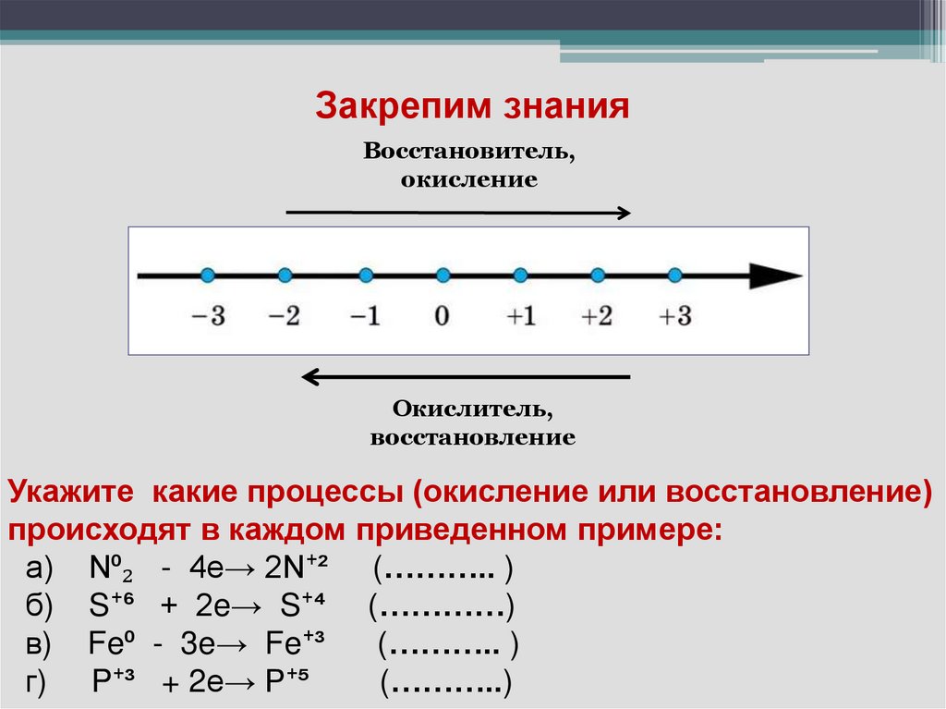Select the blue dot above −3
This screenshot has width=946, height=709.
tap(207, 275)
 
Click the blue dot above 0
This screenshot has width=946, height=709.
tap(443, 275)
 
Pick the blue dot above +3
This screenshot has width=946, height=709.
tap(674, 275)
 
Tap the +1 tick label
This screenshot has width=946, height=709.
tap(520, 315)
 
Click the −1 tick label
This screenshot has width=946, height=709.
tap(365, 315)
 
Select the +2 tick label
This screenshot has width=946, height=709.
tap(597, 315)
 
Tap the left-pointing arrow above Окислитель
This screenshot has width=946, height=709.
tap(467, 376)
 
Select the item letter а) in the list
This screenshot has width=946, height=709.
tap(41, 568)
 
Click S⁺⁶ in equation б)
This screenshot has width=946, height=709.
tap(113, 605)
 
